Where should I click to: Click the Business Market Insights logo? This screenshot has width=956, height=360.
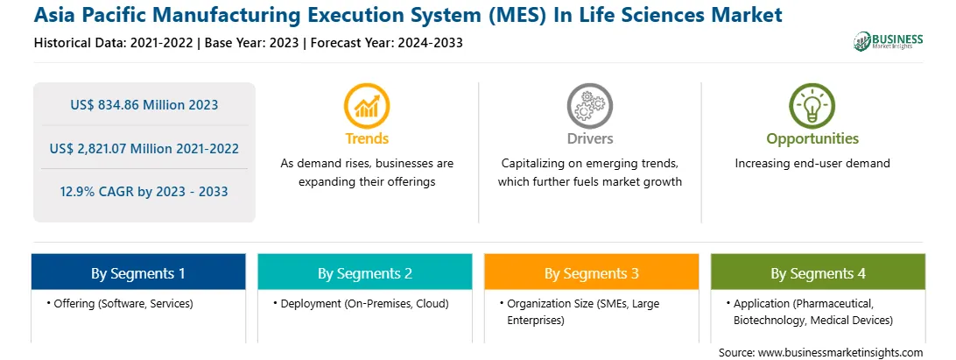[x=889, y=41]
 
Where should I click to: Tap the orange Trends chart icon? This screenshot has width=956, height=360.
[x=367, y=106]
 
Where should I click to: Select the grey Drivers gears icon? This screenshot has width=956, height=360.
[x=589, y=106]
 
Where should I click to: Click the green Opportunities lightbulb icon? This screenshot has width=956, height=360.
[x=812, y=106]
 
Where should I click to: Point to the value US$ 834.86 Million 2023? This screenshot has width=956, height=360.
[x=144, y=104]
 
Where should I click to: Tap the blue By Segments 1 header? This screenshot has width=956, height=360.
[x=138, y=272]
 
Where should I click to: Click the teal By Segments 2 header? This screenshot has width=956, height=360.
[x=364, y=272]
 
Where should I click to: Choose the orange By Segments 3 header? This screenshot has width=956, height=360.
[x=592, y=272]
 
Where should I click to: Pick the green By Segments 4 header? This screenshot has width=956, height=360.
[x=818, y=272]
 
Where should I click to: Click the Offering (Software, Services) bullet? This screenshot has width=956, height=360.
[x=119, y=303]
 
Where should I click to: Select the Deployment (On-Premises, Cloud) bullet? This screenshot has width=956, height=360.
[x=361, y=303]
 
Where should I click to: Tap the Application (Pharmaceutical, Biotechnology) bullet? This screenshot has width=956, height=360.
[x=809, y=311]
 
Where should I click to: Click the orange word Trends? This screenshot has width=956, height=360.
[x=367, y=138]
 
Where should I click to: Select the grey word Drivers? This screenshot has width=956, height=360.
[x=590, y=138]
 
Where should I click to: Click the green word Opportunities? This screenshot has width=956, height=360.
[x=812, y=139]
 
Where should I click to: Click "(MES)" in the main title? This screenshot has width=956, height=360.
[x=517, y=15]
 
